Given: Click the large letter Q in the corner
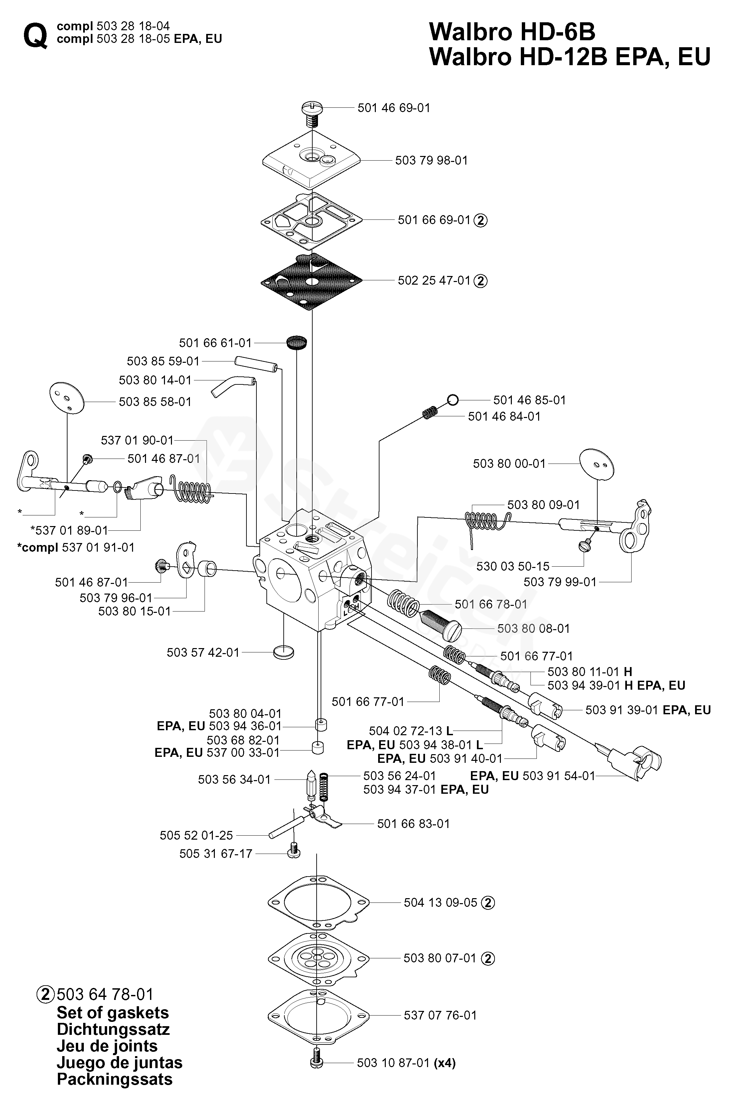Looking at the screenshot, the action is pyautogui.click(x=35, y=36).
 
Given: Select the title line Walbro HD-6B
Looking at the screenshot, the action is pyautogui.click(x=512, y=32).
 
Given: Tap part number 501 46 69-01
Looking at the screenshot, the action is pyautogui.click(x=394, y=108).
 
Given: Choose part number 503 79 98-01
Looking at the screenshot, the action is pyautogui.click(x=432, y=160).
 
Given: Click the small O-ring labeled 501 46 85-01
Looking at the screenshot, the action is pyautogui.click(x=452, y=400).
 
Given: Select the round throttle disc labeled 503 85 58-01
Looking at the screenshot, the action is pyautogui.click(x=67, y=398).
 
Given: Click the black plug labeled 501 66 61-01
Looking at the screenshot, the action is pyautogui.click(x=297, y=343).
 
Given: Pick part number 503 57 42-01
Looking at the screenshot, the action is pyautogui.click(x=203, y=652).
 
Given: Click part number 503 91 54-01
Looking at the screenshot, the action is pyautogui.click(x=559, y=775).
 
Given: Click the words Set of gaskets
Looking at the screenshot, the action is pyautogui.click(x=113, y=1013).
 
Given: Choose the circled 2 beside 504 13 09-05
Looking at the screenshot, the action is pyautogui.click(x=489, y=903).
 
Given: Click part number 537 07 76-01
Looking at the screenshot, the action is pyautogui.click(x=440, y=1015).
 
